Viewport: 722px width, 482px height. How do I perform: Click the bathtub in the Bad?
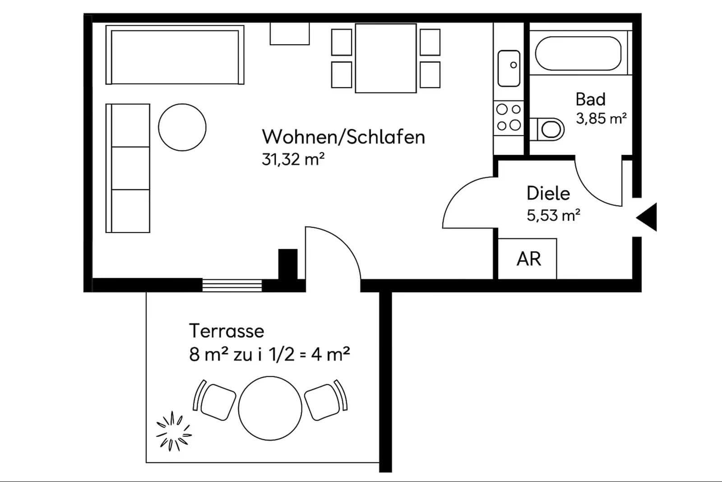pos(578,53)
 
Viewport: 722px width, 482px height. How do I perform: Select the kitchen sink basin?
pos(509,68)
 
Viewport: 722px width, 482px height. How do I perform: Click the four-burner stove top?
pos(509,117)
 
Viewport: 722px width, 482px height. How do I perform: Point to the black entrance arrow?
pos(648,217)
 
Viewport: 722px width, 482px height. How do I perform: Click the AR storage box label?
pos(528,259)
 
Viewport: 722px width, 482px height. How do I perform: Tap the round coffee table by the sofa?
pos(182,127)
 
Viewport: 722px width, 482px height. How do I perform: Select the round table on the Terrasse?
pos(270,408)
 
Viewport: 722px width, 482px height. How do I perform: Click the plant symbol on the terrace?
pos(173,431)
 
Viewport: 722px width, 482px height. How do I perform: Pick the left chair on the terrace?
pos(217,401)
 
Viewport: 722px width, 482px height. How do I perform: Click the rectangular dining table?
pos(385,58)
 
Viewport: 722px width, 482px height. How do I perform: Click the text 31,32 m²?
pos(293,159)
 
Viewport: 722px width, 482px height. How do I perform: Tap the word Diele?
pos(548,193)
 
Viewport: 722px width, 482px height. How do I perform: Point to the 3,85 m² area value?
pos(601,118)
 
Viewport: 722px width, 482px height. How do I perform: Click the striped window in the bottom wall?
pos(232,285)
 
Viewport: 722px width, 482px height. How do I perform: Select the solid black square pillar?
pos(287,264)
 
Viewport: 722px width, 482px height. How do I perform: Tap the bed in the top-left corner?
pos(175,55)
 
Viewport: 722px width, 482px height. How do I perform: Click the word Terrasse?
pos(226,331)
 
